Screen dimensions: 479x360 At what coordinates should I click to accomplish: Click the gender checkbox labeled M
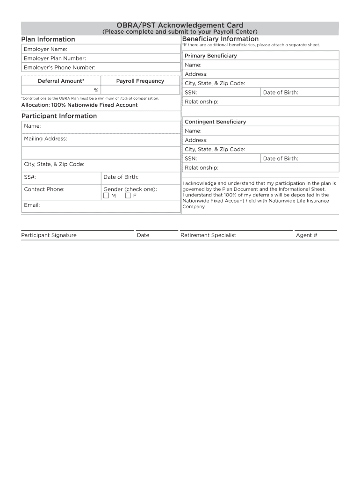pos(106,196)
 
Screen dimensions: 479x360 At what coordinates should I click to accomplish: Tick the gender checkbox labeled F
pos(128,196)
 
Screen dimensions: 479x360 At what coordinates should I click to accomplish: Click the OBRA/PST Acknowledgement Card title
pos(180,25)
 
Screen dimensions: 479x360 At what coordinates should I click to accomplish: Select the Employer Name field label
pos(45,49)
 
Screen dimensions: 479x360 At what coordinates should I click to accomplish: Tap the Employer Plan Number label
pos(55,58)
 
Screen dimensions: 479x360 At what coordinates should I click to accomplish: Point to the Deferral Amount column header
pos(61,81)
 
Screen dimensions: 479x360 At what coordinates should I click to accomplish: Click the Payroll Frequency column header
pos(140,81)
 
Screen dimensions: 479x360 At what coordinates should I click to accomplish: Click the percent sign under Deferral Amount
pos(96,90)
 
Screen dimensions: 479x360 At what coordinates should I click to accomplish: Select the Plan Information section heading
pos(48,39)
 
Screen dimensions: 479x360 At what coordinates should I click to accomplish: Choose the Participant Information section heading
pos(59,116)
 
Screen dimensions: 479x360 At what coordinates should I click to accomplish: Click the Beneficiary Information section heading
pos(220,39)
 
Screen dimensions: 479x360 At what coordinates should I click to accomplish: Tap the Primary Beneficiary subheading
pos(210,56)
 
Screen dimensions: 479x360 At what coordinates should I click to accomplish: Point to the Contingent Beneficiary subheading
pos(215,122)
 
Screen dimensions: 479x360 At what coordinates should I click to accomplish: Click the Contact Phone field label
pos(44,189)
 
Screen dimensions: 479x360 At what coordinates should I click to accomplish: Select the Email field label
pos(32,205)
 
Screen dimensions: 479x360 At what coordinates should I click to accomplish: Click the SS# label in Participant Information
pos(30,177)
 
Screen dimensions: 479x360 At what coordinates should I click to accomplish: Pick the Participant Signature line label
pos(49,235)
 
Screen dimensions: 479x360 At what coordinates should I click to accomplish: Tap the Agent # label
pos(306,235)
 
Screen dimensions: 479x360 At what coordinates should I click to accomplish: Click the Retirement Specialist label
pos(208,235)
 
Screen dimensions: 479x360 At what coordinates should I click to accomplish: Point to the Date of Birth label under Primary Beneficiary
pos(281,93)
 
